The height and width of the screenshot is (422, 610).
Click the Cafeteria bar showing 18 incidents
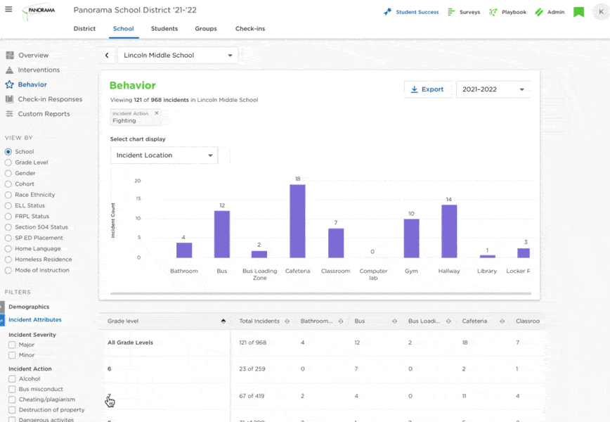[297, 221]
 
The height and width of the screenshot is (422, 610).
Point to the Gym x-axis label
[411, 271]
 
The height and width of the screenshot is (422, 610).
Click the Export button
[427, 89]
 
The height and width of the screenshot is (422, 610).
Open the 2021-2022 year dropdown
[493, 89]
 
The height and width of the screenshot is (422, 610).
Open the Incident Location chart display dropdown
[164, 155]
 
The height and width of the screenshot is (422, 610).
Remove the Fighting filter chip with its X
[157, 113]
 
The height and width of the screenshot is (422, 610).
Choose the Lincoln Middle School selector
[178, 55]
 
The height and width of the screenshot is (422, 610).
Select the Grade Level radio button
[8, 162]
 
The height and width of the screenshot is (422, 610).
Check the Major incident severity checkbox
[12, 345]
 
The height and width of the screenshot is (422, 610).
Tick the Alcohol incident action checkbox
[12, 378]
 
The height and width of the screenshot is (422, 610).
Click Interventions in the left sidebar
[39, 70]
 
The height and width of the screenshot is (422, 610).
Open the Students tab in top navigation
[164, 29]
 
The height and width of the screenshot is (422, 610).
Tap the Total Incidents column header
[259, 321]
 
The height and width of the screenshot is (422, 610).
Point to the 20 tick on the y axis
[138, 181]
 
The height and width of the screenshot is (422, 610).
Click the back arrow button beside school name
[107, 55]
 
